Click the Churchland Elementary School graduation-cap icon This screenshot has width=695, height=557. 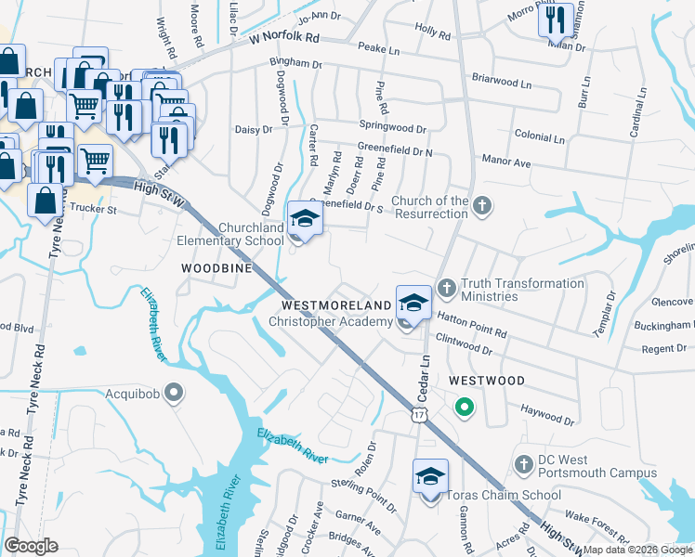click(304, 219)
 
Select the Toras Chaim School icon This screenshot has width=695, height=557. click(430, 477)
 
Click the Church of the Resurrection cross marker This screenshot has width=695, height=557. click(481, 206)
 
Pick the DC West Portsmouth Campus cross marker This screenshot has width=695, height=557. click(523, 462)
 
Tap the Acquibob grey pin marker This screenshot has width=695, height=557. click(173, 394)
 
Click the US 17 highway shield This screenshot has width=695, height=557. click(421, 417)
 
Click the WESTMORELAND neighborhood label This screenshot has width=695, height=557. click(337, 304)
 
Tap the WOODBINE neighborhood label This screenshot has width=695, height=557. click(216, 267)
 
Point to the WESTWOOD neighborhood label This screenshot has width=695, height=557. click(486, 381)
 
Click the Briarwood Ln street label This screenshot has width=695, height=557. click(501, 82)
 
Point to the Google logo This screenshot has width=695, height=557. click(31, 546)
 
